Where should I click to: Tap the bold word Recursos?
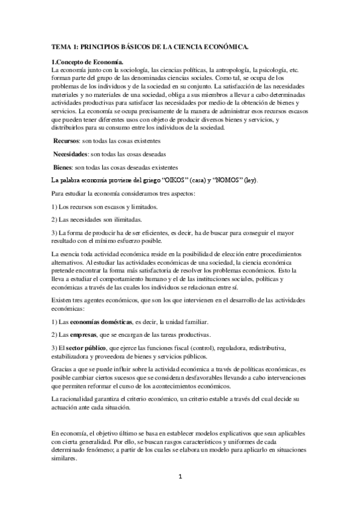click(x=69, y=140)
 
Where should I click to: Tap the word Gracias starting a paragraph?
click(x=63, y=367)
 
